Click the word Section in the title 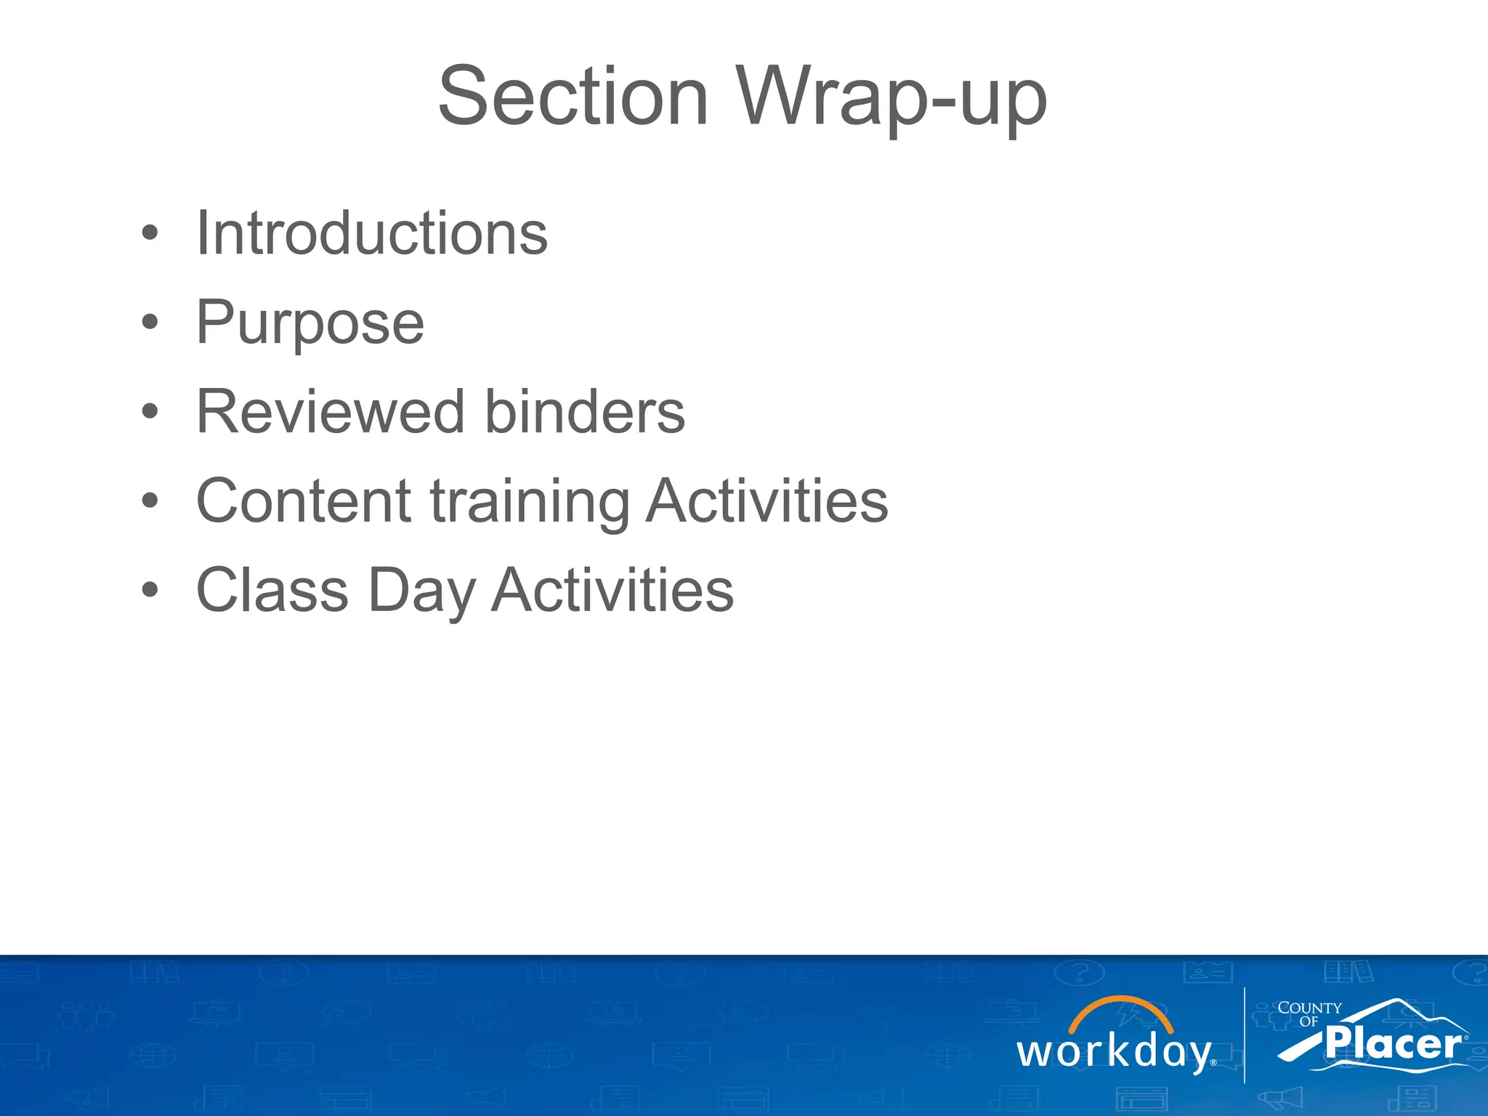click(x=573, y=97)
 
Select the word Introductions click(x=372, y=233)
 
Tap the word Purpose click(x=310, y=323)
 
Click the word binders click(x=585, y=412)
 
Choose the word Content click(x=304, y=501)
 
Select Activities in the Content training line click(x=767, y=501)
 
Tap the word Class click(x=272, y=590)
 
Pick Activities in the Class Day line click(x=613, y=590)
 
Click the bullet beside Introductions click(x=150, y=233)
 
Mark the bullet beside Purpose click(x=150, y=322)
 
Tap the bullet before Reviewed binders click(x=150, y=411)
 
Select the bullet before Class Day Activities click(x=150, y=589)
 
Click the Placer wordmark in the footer click(x=1392, y=1044)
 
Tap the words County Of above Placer click(x=1309, y=1014)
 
